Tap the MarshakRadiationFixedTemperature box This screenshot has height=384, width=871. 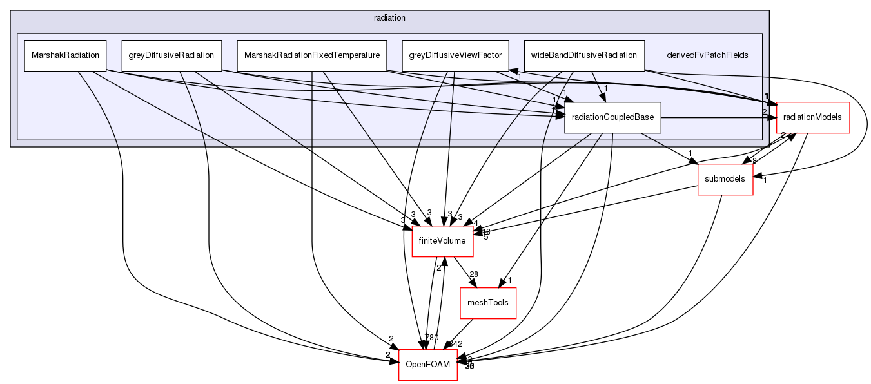coord(311,55)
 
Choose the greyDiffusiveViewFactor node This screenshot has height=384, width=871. coord(455,55)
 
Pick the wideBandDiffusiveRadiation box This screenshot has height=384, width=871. coord(583,55)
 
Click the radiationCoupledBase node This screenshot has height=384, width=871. coord(612,118)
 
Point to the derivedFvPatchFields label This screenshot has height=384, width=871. coord(707,55)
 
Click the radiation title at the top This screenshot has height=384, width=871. coord(389,17)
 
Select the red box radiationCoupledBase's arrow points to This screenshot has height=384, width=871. coord(813,118)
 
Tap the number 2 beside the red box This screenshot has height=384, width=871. coord(765,112)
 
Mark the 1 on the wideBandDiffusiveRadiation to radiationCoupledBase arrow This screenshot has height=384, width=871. coord(606,88)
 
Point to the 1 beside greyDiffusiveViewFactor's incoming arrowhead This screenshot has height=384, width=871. coord(520,77)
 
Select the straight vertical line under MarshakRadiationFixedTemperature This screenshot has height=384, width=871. coord(312,110)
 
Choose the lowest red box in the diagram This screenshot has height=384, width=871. coord(427,365)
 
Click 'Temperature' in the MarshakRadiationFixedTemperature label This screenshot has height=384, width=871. coord(357,55)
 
